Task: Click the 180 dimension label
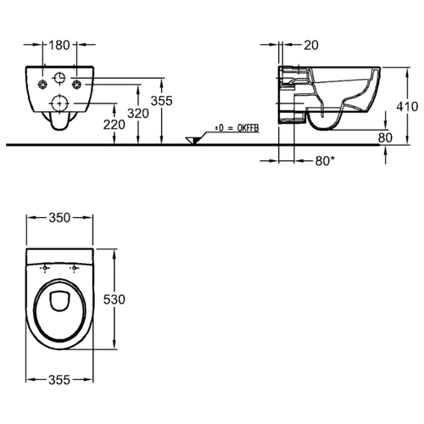pos(59,45)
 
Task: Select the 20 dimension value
pos(311,45)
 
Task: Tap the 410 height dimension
pos(407,107)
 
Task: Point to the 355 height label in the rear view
pos(161,101)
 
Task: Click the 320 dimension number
pos(138,114)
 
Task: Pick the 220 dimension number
pos(114,125)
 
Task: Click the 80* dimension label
pos(325,161)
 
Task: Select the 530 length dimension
pos(114,299)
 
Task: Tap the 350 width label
pos(59,218)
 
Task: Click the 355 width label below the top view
pos(59,380)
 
